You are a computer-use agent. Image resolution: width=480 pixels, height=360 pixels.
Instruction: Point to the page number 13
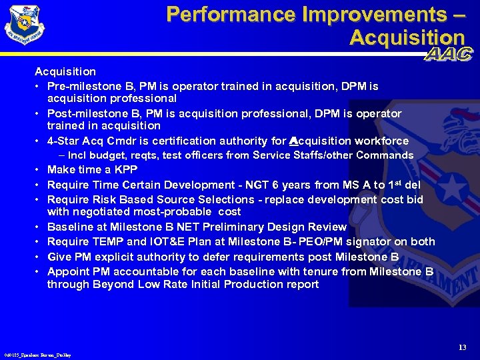point(462,347)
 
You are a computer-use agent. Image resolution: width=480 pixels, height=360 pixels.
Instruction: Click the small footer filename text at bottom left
point(37,355)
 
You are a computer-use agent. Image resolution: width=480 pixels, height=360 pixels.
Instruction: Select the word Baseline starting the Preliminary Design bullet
point(71,227)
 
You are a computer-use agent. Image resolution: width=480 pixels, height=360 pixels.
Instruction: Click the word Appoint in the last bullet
point(67,271)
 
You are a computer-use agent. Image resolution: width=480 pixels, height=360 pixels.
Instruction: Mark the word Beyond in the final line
point(115,284)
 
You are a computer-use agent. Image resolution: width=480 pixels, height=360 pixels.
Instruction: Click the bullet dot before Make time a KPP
point(39,170)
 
